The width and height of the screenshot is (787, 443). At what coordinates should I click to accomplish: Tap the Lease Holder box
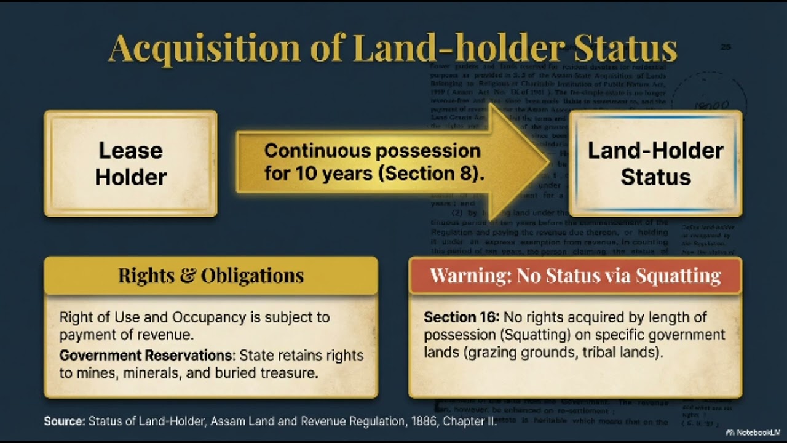click(130, 164)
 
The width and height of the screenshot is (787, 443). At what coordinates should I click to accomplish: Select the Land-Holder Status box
click(655, 164)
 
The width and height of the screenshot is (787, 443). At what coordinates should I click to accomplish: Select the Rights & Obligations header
click(211, 275)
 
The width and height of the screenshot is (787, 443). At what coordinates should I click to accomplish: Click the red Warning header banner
click(575, 275)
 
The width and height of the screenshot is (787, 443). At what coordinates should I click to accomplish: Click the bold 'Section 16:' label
click(461, 317)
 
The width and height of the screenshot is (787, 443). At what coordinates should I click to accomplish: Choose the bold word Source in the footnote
click(64, 422)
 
